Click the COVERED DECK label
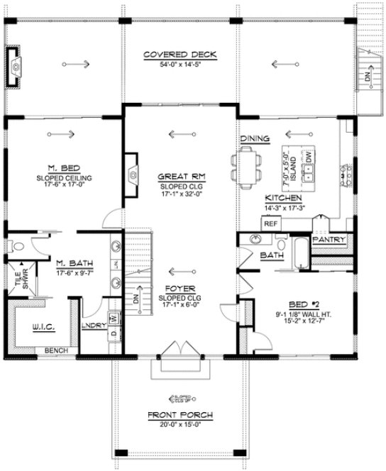(x=179, y=55)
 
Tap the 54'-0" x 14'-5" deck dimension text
(x=179, y=65)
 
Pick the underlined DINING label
(x=254, y=138)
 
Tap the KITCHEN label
(x=284, y=198)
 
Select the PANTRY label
(x=328, y=240)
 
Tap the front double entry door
(x=178, y=352)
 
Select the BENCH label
(x=53, y=350)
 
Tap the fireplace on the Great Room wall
(x=132, y=172)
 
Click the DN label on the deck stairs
(x=368, y=77)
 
